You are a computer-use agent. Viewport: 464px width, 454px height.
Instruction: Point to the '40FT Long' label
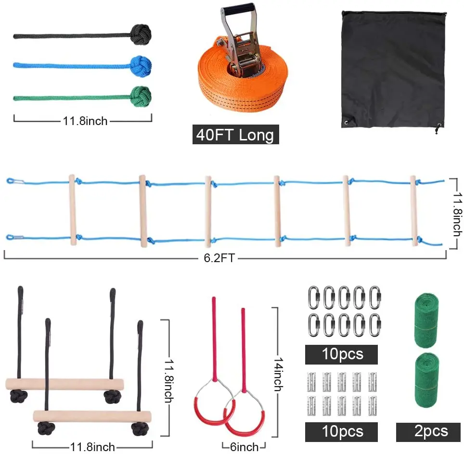(235, 135)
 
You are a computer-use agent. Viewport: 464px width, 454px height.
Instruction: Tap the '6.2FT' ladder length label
(219, 258)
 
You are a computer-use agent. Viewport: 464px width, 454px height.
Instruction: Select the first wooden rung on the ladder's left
(72, 210)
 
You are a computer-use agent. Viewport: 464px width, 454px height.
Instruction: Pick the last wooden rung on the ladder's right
(413, 211)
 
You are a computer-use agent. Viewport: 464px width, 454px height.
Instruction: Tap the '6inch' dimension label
(244, 447)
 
